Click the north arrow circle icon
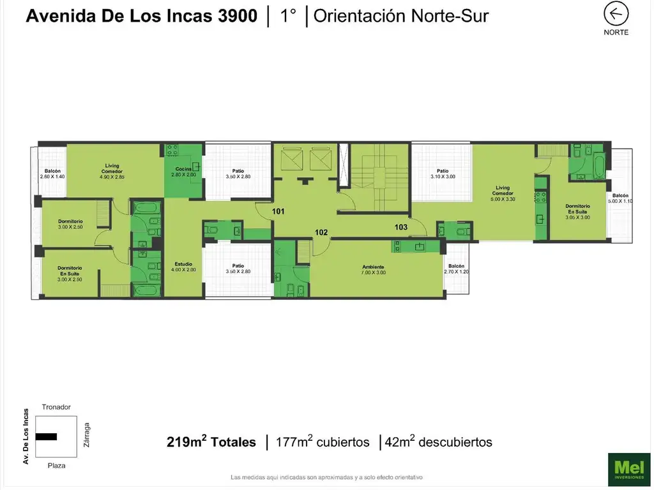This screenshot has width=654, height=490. pos(616,14)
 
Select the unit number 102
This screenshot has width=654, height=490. pos(321,233)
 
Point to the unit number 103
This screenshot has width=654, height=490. pos(400,227)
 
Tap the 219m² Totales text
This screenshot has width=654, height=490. pos(211,442)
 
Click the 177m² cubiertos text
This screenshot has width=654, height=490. pos(323,442)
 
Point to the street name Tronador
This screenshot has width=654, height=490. pos(56,407)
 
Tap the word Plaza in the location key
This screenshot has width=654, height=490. pos(56,466)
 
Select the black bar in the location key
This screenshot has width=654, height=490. pos(46,437)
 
